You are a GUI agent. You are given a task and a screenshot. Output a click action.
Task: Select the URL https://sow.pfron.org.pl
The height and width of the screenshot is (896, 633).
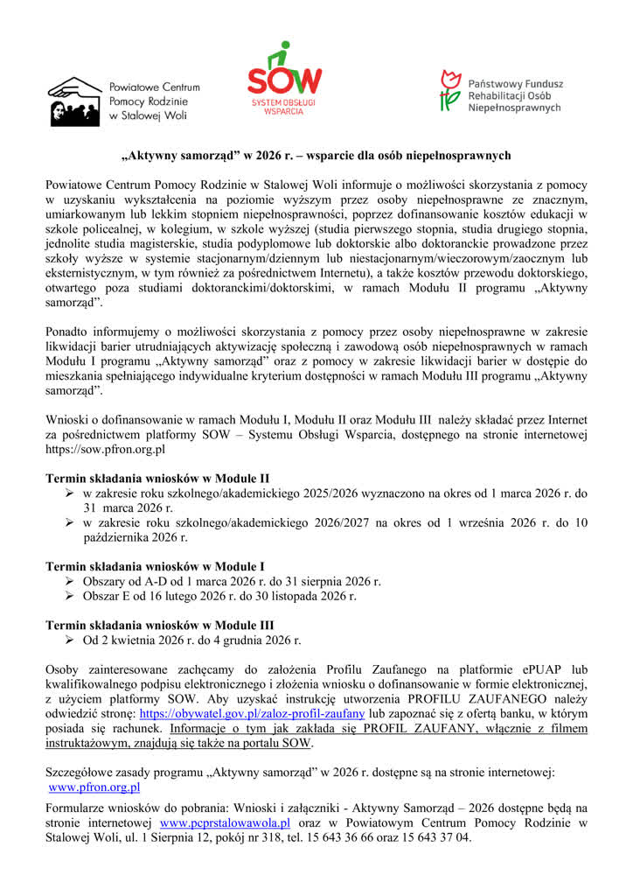(105, 450)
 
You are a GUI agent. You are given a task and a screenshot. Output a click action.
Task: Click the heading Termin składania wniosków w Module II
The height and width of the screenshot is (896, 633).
(157, 479)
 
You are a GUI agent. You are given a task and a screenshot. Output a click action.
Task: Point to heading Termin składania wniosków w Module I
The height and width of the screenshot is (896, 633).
(155, 566)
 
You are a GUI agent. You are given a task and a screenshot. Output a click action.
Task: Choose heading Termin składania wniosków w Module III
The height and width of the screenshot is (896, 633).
(160, 625)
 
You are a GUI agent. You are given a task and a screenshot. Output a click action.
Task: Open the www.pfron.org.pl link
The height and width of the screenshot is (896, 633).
(91, 789)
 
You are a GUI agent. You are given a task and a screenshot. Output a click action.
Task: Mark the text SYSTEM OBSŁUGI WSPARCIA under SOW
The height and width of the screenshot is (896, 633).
(283, 108)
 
